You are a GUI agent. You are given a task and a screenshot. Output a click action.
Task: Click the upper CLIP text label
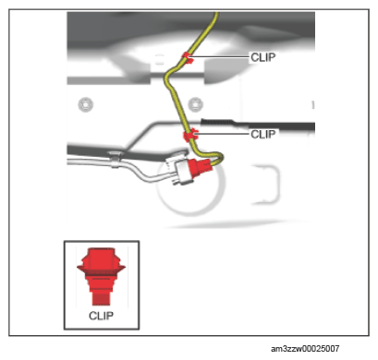pos(262,57)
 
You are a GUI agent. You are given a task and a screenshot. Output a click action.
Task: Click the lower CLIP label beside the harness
pos(262,134)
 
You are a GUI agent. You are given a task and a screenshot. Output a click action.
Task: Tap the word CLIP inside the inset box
pos(101,316)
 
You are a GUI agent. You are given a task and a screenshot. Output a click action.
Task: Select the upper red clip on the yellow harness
pos(188,57)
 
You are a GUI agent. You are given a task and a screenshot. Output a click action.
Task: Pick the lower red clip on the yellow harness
pos(189,135)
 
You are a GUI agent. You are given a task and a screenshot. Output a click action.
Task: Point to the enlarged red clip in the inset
pos(101,276)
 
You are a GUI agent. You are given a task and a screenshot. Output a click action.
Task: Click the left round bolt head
pos(86,104)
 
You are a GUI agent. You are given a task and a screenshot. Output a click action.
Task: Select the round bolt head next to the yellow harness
pos(195,104)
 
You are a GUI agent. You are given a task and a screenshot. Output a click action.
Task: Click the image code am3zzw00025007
pos(305,349)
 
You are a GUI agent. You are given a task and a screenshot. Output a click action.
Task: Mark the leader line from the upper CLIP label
pos(221,56)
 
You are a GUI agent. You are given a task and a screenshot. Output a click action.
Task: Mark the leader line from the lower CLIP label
pos(223,134)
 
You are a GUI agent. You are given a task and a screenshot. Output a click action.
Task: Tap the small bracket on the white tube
pos(116,159)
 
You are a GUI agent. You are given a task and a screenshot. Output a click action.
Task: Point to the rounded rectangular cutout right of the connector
pos(266,185)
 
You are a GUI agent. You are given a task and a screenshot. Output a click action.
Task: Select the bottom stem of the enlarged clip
pos(101,298)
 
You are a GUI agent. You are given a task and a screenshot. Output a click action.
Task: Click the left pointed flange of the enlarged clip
pos(82,268)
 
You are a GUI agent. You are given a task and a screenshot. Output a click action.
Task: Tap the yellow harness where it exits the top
pos(215,15)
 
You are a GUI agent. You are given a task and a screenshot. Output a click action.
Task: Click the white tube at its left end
pos(69,162)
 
